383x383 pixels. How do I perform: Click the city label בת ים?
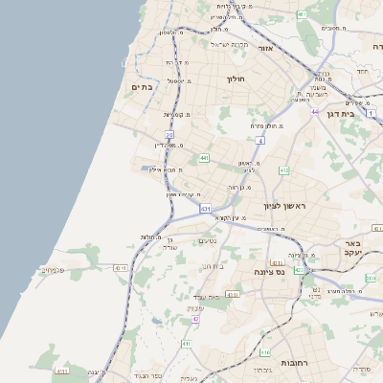pos(142,87)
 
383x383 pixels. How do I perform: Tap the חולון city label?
pos(237,79)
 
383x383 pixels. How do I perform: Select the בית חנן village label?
pos(212,265)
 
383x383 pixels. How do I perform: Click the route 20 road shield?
pos(169,136)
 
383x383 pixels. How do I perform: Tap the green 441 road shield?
pos(204,158)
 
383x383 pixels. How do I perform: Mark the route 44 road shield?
pos(314,111)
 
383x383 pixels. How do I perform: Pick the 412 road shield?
pos(284,170)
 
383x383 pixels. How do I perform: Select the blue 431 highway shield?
pos(205,208)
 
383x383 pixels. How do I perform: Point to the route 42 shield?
pos(195,319)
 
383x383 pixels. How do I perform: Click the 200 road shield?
pos(370,278)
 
